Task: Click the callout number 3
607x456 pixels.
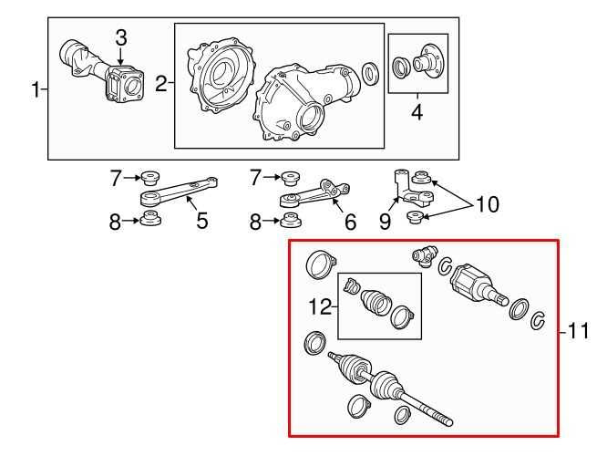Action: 121,38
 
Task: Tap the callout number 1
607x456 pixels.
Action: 36,89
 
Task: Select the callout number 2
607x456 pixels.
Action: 161,83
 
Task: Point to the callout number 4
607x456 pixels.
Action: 417,112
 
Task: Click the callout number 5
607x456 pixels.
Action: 202,221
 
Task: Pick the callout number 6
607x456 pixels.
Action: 350,222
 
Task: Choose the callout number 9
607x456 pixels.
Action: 385,222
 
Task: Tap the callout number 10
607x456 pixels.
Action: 488,204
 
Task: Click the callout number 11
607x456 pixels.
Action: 579,331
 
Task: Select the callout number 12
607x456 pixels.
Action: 320,306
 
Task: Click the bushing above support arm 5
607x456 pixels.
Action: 150,178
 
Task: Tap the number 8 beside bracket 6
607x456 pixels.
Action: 255,222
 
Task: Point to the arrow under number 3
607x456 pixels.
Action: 121,57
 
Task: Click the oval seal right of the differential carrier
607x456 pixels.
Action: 370,74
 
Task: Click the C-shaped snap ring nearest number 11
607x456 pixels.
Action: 538,320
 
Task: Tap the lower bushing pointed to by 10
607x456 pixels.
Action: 417,217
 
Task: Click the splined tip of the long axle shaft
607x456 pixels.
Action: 445,420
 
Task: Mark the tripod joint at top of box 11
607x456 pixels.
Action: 425,256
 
